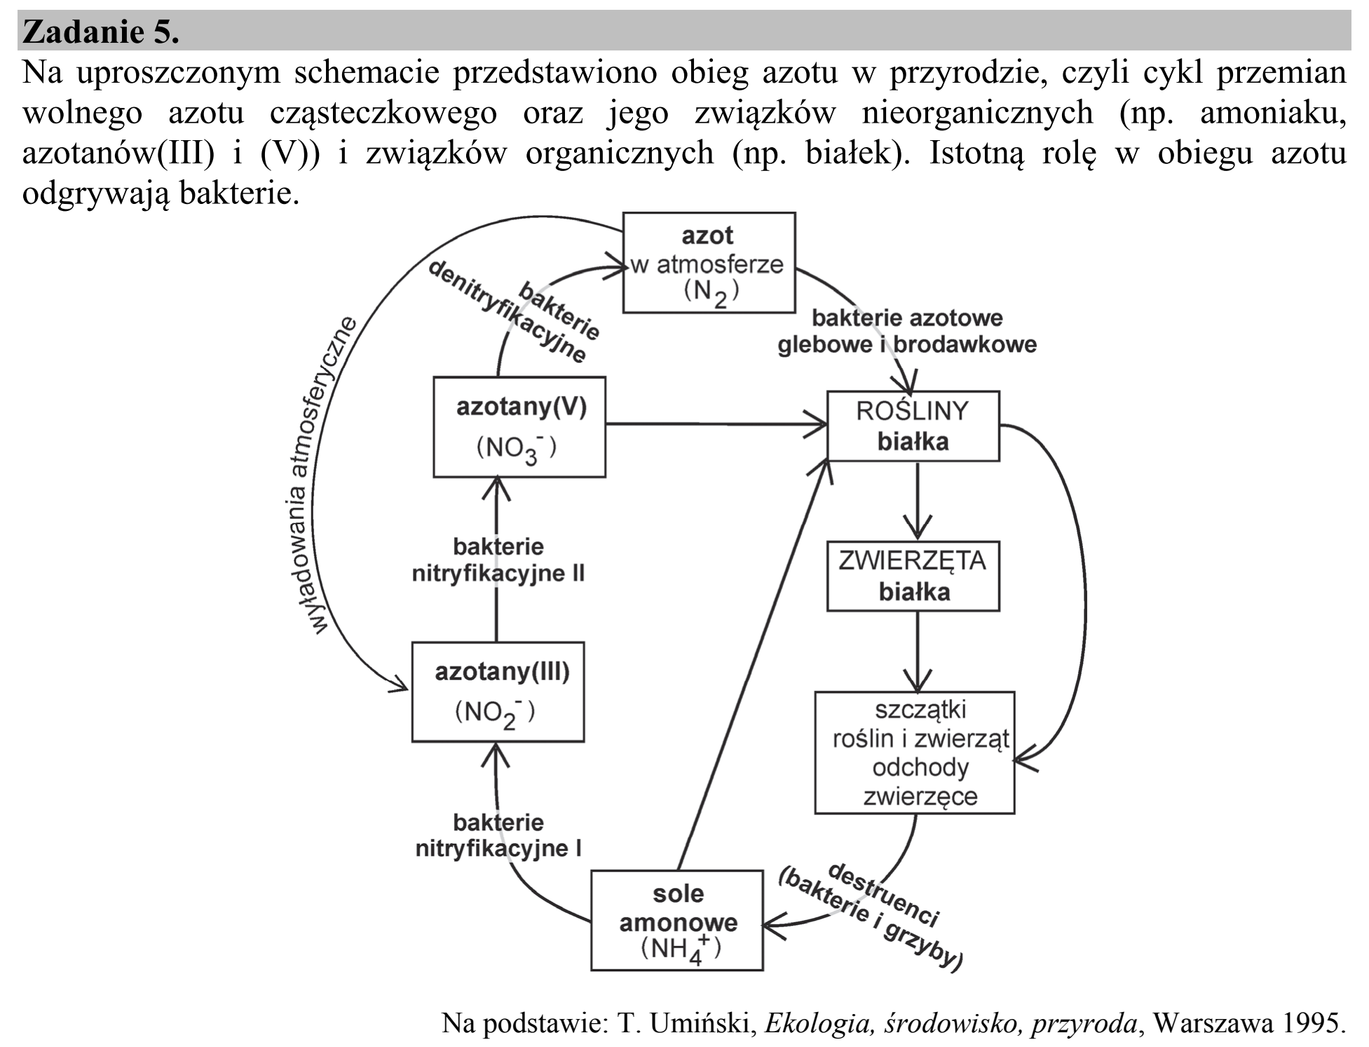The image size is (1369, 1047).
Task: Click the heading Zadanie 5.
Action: coord(101,32)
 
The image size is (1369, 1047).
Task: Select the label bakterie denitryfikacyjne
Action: coord(515,312)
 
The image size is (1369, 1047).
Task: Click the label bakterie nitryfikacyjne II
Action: coord(498,560)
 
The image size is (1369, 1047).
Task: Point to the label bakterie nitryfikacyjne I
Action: coord(498,835)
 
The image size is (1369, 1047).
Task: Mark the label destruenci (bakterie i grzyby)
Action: coord(871,917)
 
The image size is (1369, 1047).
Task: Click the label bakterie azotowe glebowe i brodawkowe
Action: coord(907,331)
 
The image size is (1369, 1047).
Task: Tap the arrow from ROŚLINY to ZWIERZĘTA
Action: coord(918,500)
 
